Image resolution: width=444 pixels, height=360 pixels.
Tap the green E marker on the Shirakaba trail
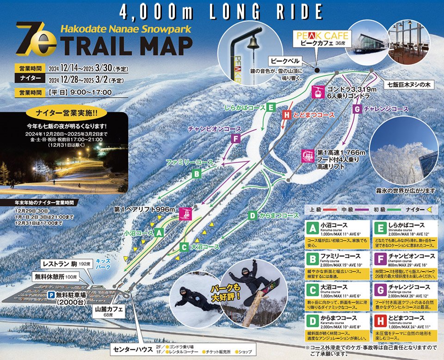click(x=271, y=108)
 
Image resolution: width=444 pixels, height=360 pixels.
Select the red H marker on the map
click(x=287, y=114)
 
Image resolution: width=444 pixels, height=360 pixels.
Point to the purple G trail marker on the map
click(x=357, y=109)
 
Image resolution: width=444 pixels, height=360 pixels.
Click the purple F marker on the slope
click(x=236, y=138)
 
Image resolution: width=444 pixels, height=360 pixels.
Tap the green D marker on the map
click(x=253, y=215)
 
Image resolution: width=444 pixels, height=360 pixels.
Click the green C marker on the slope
click(x=184, y=247)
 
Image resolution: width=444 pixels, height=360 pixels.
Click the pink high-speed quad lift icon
click(x=308, y=156)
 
